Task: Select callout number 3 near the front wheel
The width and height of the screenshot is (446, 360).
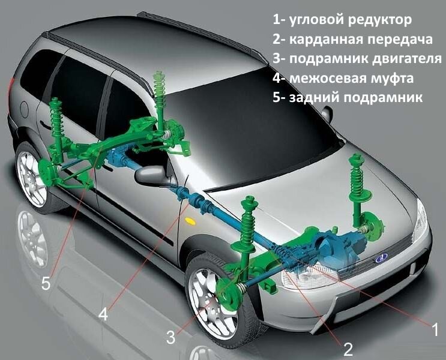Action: [x=171, y=337]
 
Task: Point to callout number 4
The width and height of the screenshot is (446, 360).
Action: [x=104, y=314]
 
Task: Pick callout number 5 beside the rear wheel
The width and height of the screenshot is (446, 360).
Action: [x=46, y=283]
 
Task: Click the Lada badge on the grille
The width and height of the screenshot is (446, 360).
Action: [x=381, y=259]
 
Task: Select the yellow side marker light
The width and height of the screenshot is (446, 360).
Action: [x=191, y=221]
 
